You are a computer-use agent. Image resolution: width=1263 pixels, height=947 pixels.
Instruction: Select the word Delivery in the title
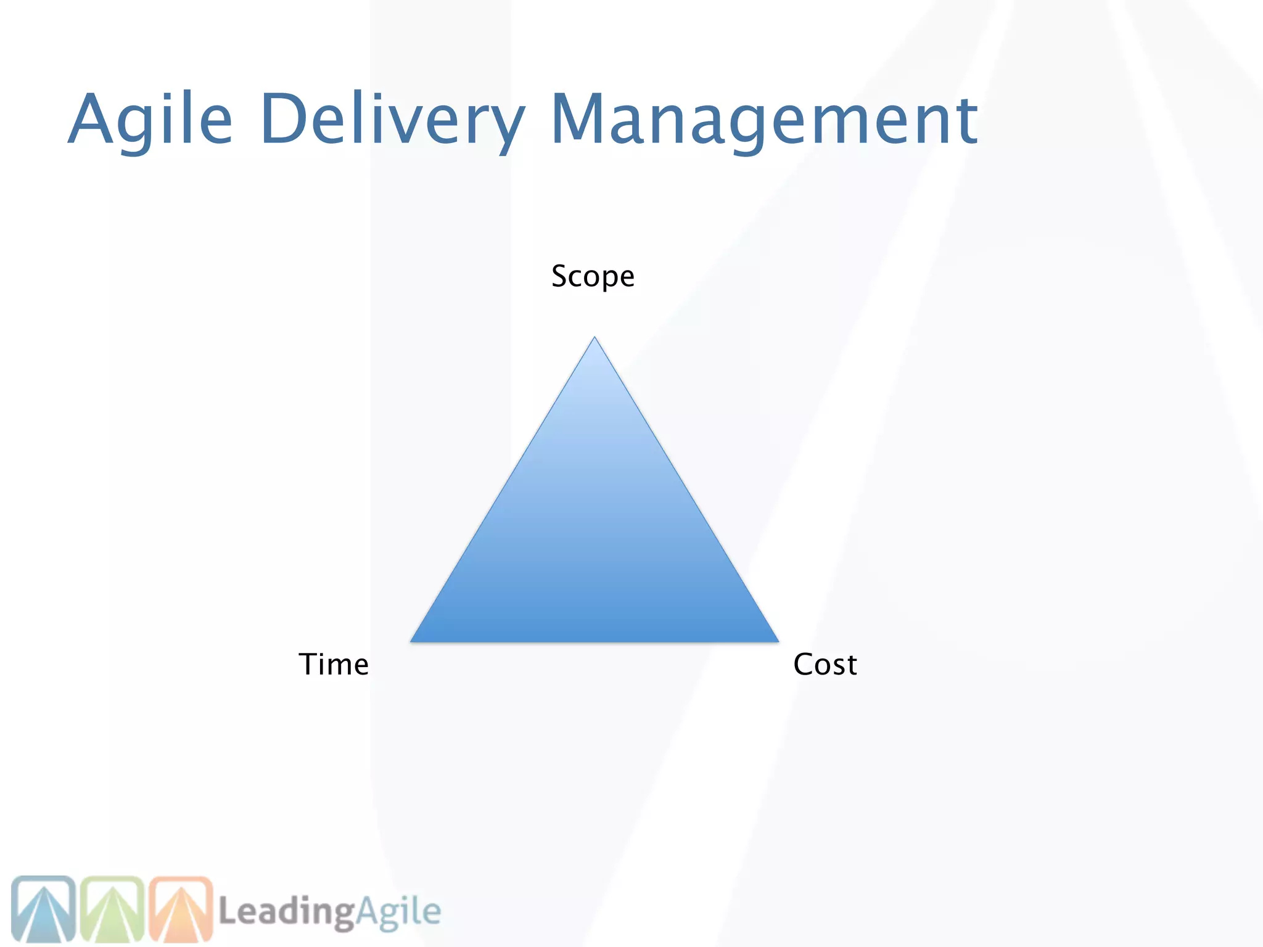(392, 118)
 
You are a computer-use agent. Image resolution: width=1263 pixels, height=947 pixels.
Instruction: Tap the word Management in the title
(763, 118)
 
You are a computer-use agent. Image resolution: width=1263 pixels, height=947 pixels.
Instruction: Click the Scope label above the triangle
(593, 276)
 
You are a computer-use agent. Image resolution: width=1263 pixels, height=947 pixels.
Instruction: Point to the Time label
(334, 665)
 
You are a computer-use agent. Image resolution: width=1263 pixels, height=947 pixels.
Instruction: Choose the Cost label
(825, 665)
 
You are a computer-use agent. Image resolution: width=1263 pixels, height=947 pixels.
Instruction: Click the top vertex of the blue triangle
(594, 339)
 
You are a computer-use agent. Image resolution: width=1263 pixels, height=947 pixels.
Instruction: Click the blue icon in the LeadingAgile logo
(43, 908)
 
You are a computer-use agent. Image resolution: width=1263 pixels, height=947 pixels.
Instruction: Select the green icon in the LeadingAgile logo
(112, 908)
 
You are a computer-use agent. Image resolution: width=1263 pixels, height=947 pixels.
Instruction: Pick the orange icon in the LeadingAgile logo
(181, 908)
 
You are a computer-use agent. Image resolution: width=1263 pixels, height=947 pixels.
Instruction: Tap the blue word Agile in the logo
(398, 911)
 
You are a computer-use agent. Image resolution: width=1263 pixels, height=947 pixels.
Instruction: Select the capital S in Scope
(561, 276)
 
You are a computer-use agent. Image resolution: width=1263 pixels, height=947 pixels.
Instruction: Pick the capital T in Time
(309, 664)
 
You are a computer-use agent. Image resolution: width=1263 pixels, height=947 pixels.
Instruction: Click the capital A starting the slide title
(92, 118)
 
